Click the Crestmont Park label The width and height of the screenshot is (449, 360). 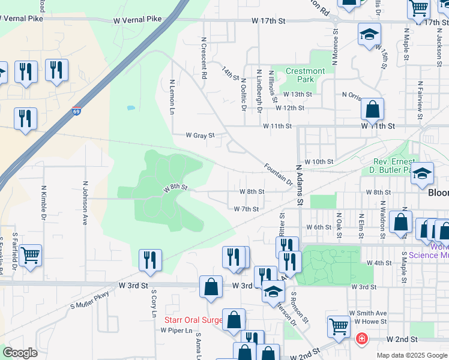pos(305,75)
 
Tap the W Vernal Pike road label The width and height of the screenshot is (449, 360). pos(138,20)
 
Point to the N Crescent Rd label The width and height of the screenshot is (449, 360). pos(204,58)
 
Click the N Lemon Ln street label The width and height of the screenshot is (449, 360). pos(172,97)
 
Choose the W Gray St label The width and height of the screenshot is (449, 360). pos(199,136)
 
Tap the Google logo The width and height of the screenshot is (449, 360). pos(20,353)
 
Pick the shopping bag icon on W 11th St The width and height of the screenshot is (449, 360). pos(372,110)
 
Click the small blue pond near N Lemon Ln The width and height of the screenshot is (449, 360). pos(130,109)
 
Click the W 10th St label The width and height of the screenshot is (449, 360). pos(318,162)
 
